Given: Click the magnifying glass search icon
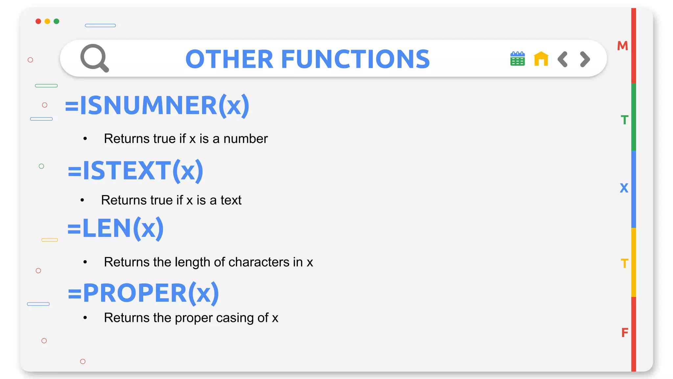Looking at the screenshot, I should tap(94, 58).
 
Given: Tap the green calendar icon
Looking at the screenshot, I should tap(517, 59).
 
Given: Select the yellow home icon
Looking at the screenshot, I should tap(541, 59).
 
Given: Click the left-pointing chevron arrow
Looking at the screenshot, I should tap(563, 59).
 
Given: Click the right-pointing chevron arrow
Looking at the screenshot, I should tap(585, 59).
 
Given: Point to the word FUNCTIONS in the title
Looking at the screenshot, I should tap(355, 59).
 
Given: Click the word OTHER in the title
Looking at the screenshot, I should tap(229, 59).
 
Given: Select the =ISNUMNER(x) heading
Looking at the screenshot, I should tap(157, 106).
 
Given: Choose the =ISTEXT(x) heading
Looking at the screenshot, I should tap(135, 171).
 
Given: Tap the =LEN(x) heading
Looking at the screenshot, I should tap(115, 229).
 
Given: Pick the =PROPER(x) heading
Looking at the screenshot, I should tap(143, 293).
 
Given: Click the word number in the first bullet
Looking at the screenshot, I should tap(245, 139).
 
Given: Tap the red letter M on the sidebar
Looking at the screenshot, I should tap(622, 46).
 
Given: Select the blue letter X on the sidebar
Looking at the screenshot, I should tap(624, 188).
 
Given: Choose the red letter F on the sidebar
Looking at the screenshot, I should tap(625, 333).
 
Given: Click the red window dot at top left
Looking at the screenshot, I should tap(38, 21).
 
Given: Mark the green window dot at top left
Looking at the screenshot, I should tap(57, 21).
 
